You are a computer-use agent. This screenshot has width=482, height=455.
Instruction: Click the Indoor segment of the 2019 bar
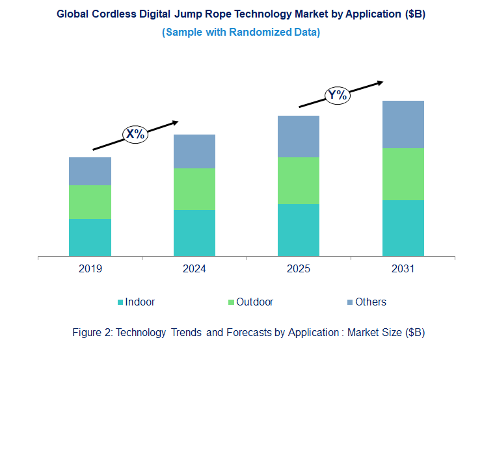(x=90, y=237)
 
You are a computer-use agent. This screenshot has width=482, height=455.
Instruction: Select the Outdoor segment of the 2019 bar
(x=90, y=202)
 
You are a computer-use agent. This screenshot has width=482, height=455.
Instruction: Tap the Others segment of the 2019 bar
(x=90, y=171)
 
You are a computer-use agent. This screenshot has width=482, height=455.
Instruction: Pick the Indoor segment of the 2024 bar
(x=194, y=233)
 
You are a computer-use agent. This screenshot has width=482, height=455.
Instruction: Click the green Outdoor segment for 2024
(x=194, y=189)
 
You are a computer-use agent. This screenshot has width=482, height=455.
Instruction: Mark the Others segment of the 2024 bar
(x=194, y=151)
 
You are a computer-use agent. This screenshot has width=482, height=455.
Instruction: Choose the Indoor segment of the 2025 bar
(x=299, y=230)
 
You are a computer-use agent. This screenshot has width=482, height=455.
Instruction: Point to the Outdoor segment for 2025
(x=299, y=181)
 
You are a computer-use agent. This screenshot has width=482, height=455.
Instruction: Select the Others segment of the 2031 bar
(x=403, y=124)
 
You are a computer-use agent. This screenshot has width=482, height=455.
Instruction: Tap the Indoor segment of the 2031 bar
(x=403, y=228)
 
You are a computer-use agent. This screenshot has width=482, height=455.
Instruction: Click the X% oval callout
(x=135, y=135)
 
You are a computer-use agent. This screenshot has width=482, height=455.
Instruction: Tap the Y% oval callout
(x=338, y=96)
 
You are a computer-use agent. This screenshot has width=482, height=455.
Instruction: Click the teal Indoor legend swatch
(x=120, y=302)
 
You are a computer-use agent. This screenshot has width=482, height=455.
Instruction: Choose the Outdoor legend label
(x=254, y=302)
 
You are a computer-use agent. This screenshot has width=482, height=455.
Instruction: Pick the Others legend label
(x=371, y=302)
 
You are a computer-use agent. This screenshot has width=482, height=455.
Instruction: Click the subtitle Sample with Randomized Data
(x=241, y=32)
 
